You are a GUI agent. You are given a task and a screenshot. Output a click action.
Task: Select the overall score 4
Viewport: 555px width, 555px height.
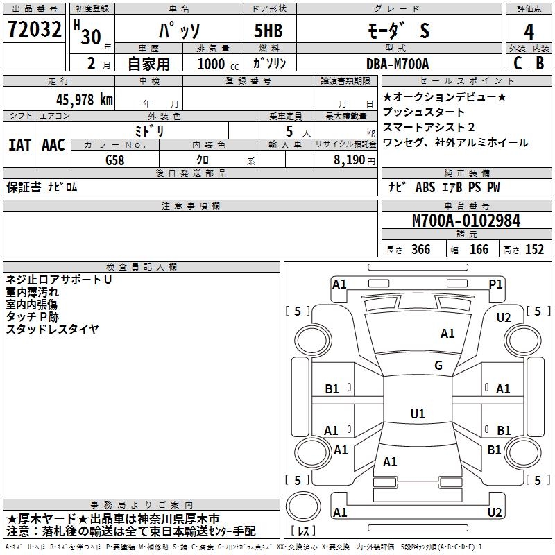tap(529, 31)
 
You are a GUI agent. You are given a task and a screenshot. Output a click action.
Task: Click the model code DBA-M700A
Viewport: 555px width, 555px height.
tap(398, 64)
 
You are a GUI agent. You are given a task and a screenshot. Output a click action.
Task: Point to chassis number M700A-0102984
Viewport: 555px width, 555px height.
tap(466, 221)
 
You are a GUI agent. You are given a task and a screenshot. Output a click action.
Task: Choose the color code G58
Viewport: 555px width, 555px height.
tap(115, 159)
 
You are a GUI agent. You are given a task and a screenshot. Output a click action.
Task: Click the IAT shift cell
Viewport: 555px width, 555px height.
tap(20, 145)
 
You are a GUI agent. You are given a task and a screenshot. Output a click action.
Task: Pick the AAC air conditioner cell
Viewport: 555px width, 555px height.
tap(53, 145)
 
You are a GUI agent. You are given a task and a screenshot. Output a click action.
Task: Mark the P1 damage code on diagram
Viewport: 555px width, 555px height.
tap(495, 284)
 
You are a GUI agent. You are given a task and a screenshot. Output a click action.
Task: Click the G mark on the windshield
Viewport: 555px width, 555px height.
tap(438, 366)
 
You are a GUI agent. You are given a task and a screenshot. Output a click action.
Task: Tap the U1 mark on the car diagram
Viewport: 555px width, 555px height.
tap(417, 414)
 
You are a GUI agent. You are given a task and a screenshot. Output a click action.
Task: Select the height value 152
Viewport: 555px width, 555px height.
tap(534, 250)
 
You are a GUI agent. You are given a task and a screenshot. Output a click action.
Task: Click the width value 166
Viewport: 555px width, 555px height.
tap(479, 250)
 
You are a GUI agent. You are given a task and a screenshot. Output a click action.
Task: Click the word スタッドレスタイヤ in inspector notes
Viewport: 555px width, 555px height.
tap(53, 329)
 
